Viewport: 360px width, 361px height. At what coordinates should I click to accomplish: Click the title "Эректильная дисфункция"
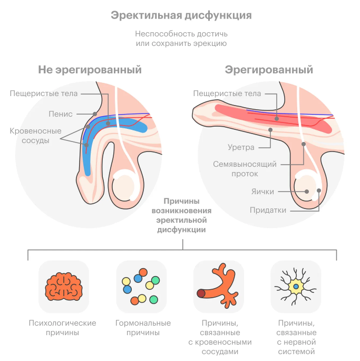point(181,16)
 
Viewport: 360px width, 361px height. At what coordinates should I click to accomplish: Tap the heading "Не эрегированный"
point(90,70)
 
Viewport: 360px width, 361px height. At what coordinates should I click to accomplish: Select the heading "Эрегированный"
point(269,70)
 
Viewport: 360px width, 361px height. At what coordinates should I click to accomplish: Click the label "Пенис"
point(61,114)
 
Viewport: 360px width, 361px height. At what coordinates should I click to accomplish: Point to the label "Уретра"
point(241,147)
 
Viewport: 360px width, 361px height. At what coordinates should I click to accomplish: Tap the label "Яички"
point(262,192)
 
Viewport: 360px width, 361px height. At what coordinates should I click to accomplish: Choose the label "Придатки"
point(268,210)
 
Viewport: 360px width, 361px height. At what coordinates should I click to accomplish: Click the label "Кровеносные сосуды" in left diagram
point(36,136)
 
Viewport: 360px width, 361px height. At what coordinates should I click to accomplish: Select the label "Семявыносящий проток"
point(245,169)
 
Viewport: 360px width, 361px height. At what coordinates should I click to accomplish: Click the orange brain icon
point(64,287)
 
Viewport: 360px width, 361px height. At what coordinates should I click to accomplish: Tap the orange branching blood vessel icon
point(218,286)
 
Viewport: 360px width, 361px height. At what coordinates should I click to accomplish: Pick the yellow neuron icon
point(296,287)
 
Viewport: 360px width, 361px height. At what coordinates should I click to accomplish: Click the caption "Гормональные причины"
point(143,328)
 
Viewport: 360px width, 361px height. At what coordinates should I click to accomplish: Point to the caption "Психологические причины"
point(63,328)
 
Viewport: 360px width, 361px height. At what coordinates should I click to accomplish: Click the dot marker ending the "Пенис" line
point(95,114)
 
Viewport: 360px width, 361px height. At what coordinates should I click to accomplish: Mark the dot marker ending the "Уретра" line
point(270,130)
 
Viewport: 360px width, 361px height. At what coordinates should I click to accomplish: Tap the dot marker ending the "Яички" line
point(307,192)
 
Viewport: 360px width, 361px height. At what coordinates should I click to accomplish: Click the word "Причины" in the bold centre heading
point(181,201)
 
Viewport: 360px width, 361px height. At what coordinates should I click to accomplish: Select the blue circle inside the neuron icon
point(296,287)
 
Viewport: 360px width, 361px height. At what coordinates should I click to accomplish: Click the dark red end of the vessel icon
point(201,293)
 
